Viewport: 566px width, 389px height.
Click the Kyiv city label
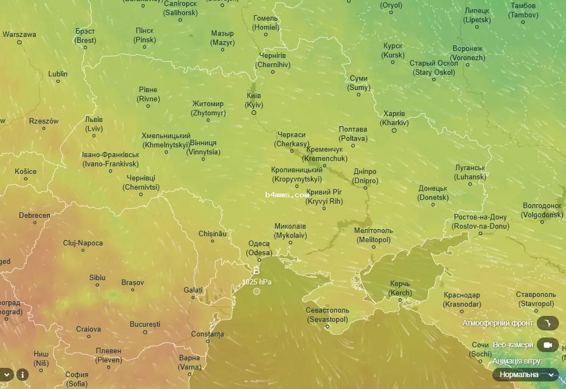point(253,100)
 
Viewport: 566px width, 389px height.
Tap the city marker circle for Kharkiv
point(394,131)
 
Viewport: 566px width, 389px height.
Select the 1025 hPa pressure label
point(257,282)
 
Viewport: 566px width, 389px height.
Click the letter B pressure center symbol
point(256,270)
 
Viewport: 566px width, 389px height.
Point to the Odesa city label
point(259,248)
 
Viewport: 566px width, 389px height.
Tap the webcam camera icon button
point(548,345)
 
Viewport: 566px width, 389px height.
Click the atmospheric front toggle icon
point(548,323)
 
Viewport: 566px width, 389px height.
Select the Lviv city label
point(94,124)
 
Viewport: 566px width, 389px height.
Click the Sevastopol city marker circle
point(327,326)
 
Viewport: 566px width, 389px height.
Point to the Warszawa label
point(19,35)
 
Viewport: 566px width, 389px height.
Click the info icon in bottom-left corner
point(22,374)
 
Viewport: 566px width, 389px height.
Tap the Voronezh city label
point(468,53)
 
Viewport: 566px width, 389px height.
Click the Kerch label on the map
point(400,288)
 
